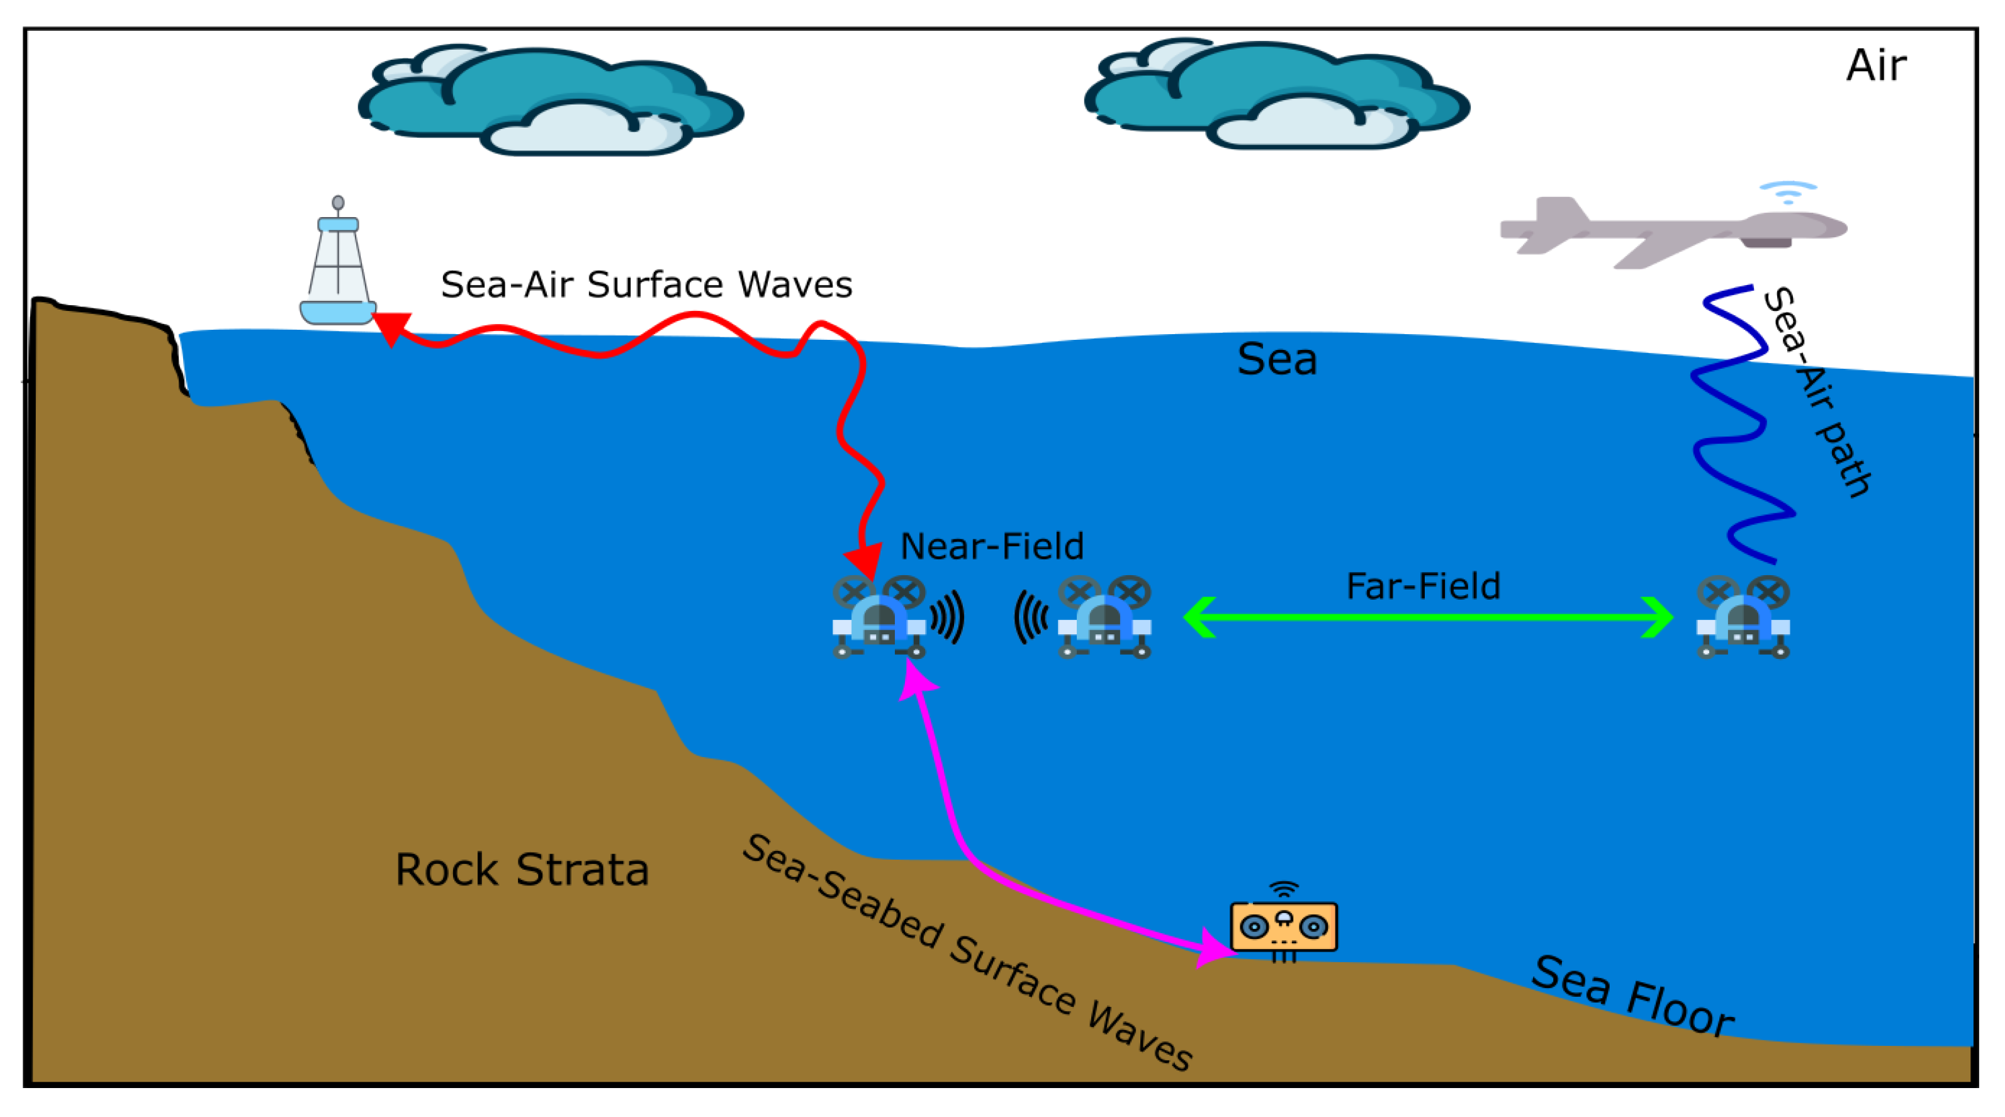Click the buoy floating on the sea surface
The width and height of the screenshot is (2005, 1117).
click(x=338, y=269)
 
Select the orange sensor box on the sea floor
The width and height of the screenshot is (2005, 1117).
click(x=1283, y=926)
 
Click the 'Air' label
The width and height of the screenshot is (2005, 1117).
click(x=1876, y=65)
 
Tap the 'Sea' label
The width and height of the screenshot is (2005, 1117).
click(x=1276, y=359)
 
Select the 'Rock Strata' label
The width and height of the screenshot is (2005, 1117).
click(x=522, y=870)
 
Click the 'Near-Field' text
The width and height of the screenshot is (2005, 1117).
click(x=992, y=546)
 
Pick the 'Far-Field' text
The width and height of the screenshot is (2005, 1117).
click(x=1423, y=586)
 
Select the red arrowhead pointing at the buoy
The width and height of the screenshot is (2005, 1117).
click(x=391, y=327)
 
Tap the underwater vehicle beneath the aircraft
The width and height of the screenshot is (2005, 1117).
click(x=1743, y=618)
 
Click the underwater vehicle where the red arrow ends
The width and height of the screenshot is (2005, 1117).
click(x=879, y=618)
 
